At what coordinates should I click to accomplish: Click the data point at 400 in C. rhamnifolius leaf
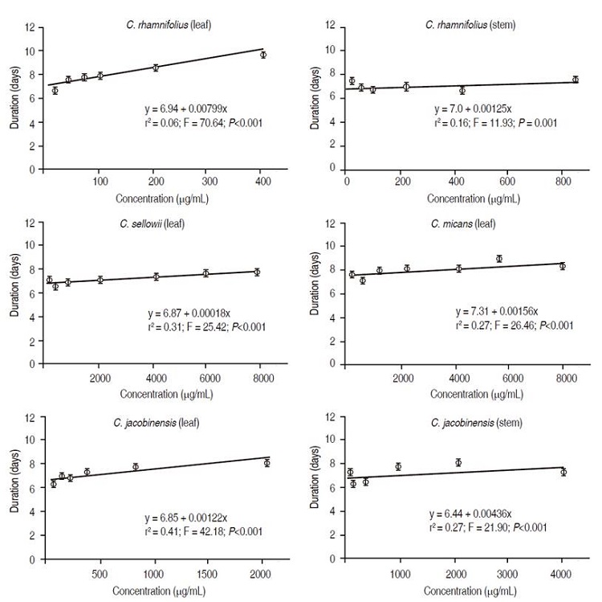click(x=262, y=55)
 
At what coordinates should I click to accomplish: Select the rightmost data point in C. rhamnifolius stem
click(x=575, y=80)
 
